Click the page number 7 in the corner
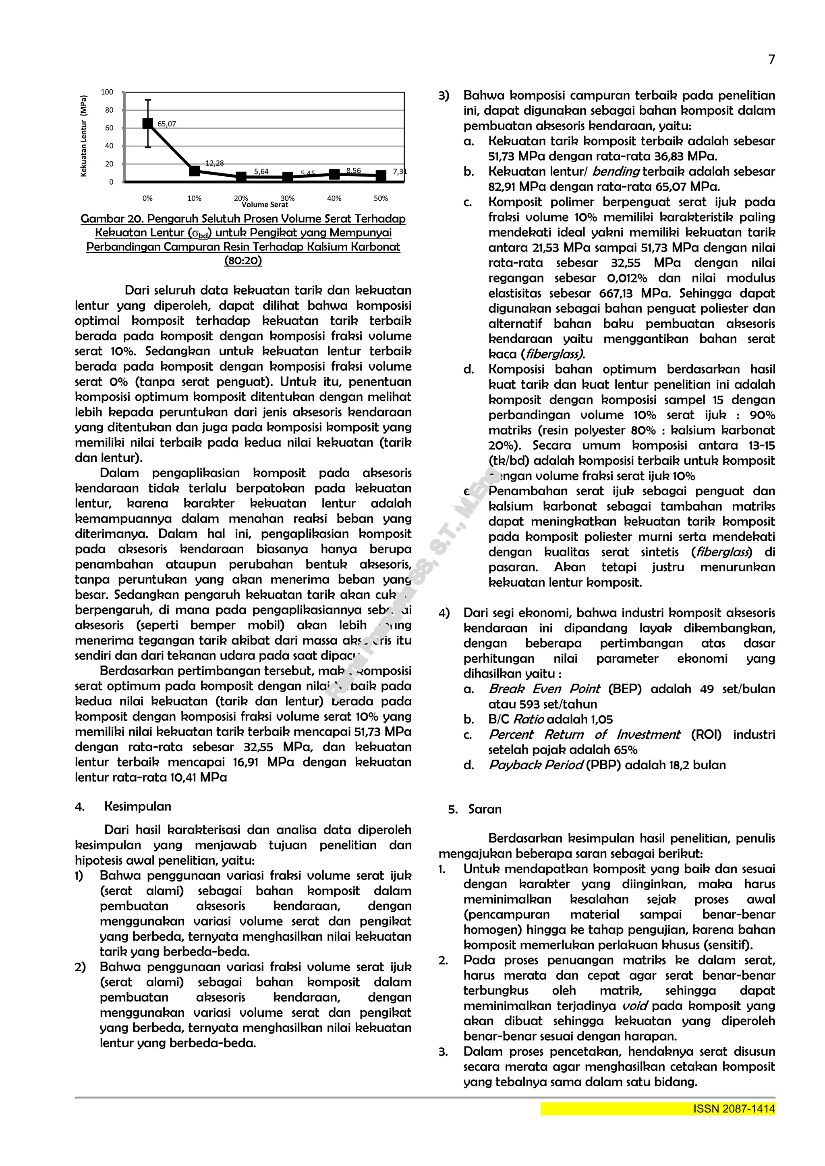[771, 60]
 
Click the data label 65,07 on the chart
[167, 124]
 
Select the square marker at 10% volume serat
[194, 171]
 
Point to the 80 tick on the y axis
[109, 110]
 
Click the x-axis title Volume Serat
[265, 205]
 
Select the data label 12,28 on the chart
[215, 163]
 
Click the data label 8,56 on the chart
[353, 171]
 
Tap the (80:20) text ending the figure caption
[243, 261]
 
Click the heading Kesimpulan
[137, 806]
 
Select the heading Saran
[485, 809]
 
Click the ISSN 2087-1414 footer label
[734, 1109]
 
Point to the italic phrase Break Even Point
[544, 689]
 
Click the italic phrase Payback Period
[535, 765]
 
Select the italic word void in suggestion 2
[635, 1006]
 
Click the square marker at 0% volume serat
[147, 123]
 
